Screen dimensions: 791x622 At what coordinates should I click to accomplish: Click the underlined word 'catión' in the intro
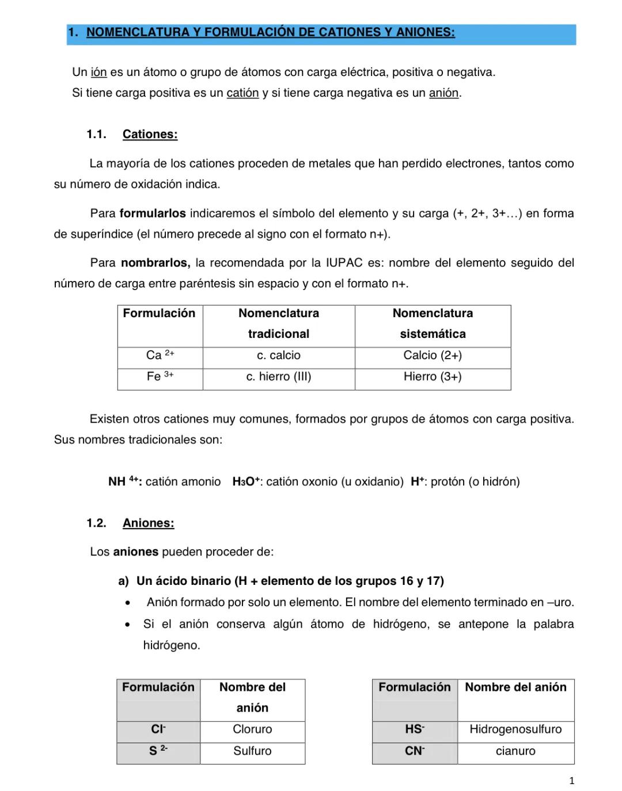coord(242,93)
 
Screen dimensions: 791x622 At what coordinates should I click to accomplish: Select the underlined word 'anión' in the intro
coord(443,93)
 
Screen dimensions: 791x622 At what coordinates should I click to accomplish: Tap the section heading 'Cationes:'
coord(150,135)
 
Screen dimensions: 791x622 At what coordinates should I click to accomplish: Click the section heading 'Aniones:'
coord(148,523)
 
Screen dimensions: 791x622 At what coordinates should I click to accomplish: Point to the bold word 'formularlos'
coord(153,214)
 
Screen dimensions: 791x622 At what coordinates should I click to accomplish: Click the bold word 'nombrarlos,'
coord(155,263)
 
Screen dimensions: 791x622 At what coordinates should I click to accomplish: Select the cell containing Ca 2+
coord(160,356)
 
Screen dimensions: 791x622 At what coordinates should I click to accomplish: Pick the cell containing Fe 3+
coord(160,377)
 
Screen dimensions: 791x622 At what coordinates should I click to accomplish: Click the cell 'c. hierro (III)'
coord(279,377)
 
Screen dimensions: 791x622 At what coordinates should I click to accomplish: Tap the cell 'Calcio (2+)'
coord(433,356)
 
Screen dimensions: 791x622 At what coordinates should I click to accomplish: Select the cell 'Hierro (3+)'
coord(433,377)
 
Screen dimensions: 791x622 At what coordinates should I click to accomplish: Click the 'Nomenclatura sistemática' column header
coord(433,324)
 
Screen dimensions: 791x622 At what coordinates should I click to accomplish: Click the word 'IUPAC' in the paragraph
coord(344,263)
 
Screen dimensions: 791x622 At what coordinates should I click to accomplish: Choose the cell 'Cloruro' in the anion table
coord(252,729)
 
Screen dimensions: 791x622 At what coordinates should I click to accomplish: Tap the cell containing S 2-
coord(158,751)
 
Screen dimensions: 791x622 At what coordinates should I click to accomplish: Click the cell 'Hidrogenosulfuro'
coord(515,729)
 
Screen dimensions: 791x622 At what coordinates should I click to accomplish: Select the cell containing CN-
coord(415,751)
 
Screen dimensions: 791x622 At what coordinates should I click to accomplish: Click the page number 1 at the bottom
coord(571,781)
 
